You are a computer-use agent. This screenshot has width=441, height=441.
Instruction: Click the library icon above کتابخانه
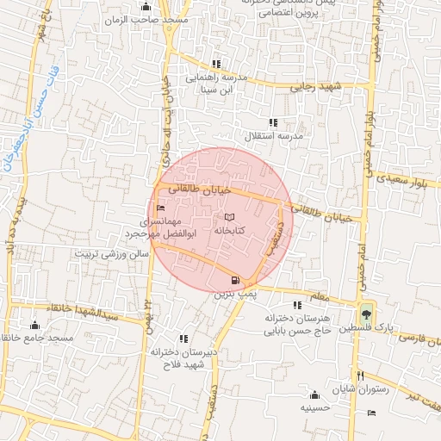point(228,217)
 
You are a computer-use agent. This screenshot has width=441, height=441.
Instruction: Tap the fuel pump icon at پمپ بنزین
point(235,280)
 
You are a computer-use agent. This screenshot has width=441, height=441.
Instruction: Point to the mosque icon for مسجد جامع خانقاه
point(34,325)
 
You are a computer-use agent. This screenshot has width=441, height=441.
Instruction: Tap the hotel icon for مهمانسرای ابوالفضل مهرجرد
point(160,208)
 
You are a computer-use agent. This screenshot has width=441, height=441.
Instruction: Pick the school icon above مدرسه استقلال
point(273,122)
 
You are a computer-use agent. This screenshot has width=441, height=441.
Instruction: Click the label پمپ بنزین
point(235,294)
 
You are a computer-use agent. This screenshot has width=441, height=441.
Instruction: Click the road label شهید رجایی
point(318,87)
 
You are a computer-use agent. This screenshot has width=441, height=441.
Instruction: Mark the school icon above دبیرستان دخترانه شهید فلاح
point(182,338)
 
